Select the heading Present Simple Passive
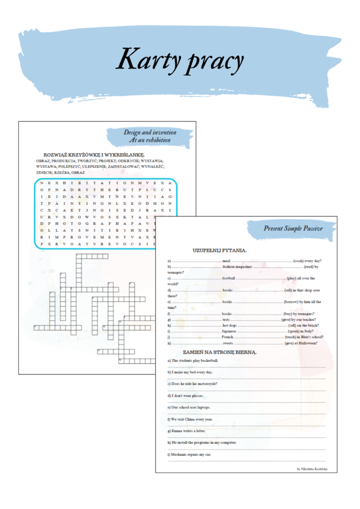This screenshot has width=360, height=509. [293, 228]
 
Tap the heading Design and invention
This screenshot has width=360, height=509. [146, 132]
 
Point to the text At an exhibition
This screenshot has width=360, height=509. [149, 139]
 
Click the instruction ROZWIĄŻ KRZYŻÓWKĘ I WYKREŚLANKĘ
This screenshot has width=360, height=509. [94, 154]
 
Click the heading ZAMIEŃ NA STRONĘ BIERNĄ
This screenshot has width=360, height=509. [220, 351]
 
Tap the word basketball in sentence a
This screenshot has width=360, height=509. [207, 360]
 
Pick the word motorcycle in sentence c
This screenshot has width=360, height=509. [204, 384]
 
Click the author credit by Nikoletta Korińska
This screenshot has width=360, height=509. [312, 468]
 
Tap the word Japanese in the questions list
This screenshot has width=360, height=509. [229, 331]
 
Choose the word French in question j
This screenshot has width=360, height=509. [228, 337]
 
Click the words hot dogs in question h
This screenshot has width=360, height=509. [229, 326]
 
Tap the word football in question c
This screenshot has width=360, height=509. [229, 278]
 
